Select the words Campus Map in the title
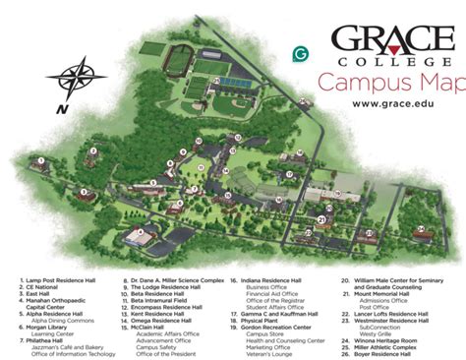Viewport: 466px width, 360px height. point(389,81)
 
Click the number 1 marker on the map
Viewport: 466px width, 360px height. point(42,159)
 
